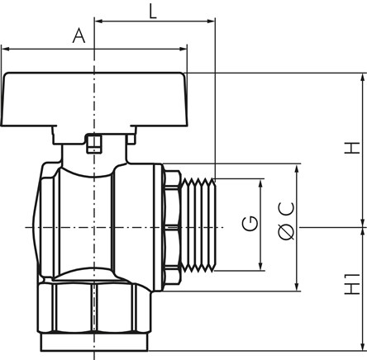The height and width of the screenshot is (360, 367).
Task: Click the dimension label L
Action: (153, 12)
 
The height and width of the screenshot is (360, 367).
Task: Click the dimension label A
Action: (79, 36)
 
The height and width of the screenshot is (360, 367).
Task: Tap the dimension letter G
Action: (250, 223)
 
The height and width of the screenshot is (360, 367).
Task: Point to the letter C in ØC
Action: (287, 209)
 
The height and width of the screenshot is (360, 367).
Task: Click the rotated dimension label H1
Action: (352, 284)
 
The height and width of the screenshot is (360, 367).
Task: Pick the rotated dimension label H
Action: (352, 148)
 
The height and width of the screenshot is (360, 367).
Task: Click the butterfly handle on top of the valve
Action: (94, 100)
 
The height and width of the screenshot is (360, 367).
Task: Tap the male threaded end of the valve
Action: (198, 225)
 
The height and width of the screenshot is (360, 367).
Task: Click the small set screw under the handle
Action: (94, 144)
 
